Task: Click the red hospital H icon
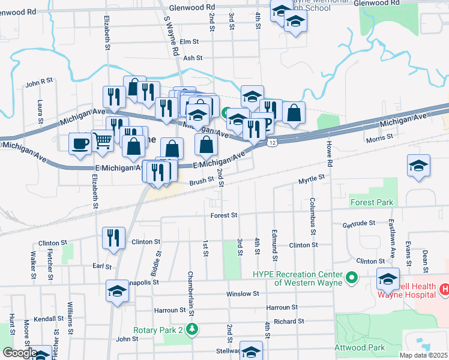pyautogui.click(x=445, y=289)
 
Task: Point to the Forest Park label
pyautogui.click(x=373, y=202)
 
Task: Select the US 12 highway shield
pyautogui.click(x=273, y=142)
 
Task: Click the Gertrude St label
pyautogui.click(x=358, y=223)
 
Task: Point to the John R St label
pyautogui.click(x=40, y=82)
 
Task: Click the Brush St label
pyautogui.click(x=202, y=180)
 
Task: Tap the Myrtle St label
pyautogui.click(x=312, y=179)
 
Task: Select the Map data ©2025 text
pyautogui.click(x=423, y=355)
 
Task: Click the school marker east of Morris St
pyautogui.click(x=418, y=166)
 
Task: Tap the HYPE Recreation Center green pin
pyautogui.click(x=352, y=278)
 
